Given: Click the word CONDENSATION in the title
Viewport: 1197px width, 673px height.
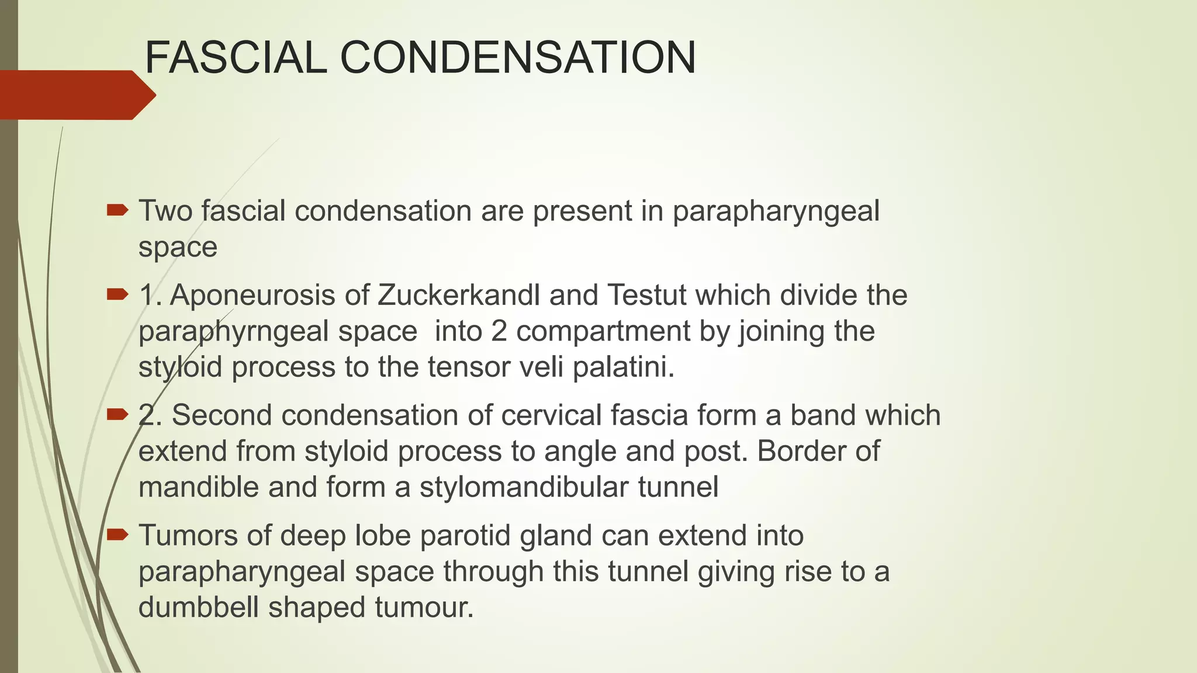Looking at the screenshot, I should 518,58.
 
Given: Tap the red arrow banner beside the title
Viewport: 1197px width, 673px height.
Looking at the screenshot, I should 76,95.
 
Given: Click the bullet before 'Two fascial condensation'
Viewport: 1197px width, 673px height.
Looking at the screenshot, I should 117,210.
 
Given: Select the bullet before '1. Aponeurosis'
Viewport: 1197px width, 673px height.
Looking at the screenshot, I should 117,294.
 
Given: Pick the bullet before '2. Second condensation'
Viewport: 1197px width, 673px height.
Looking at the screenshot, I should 117,415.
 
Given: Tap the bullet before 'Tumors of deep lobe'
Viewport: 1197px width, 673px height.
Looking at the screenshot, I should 117,535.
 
